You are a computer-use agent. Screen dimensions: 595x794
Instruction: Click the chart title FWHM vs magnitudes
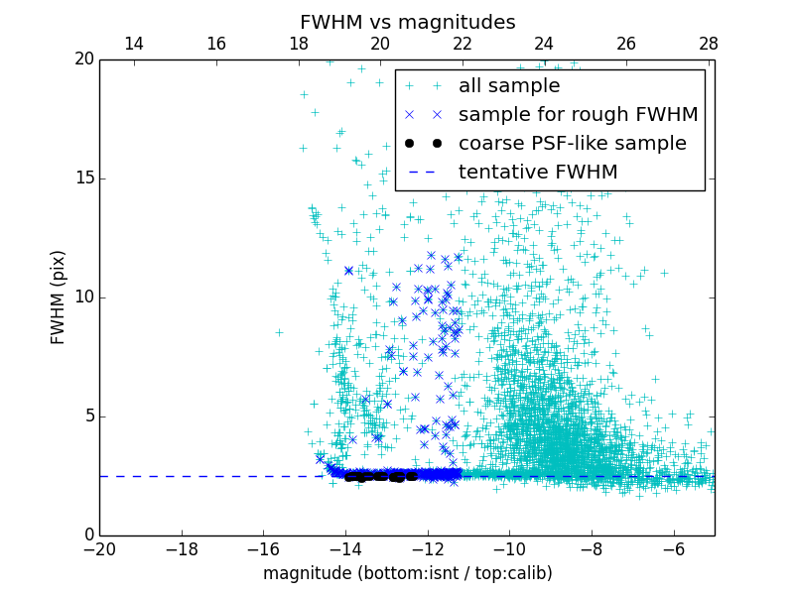point(407,22)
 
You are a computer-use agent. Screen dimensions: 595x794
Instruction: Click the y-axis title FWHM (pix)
point(59,297)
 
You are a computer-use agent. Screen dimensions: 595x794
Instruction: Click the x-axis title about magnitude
point(407,573)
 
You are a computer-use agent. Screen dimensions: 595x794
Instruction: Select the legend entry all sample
point(508,86)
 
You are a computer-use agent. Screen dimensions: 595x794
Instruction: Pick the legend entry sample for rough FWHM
point(578,115)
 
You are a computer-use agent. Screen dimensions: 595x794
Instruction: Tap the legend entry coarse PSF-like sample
point(572,144)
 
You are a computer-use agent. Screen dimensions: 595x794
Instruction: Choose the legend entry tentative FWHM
point(538,173)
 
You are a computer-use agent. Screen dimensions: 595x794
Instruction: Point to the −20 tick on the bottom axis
point(99,549)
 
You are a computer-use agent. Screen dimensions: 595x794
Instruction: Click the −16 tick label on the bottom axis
point(263,549)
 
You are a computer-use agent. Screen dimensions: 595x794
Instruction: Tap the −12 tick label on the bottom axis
point(427,549)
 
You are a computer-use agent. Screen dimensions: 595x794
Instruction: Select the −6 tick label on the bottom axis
point(673,549)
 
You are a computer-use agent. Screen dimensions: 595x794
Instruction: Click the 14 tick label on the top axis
point(133,44)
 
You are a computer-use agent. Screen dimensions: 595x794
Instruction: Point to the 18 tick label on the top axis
point(298,44)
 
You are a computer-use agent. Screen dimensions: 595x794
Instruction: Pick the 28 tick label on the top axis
point(708,44)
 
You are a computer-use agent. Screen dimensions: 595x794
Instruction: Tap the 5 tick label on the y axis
point(86,416)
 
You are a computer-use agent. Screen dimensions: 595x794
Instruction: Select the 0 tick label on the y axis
point(86,535)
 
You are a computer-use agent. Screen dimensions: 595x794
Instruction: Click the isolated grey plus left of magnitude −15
point(279,332)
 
